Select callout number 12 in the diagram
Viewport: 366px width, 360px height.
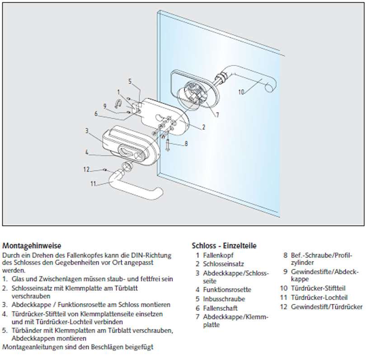tap(86, 170)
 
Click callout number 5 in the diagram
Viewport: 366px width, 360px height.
tap(130, 81)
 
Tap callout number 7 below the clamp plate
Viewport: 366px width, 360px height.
tap(217, 115)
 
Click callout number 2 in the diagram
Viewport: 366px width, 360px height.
tap(203, 127)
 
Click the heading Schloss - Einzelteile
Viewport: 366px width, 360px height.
tap(224, 246)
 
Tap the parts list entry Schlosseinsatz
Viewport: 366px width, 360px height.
tap(221, 264)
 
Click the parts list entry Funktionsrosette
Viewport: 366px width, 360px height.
tap(226, 290)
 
